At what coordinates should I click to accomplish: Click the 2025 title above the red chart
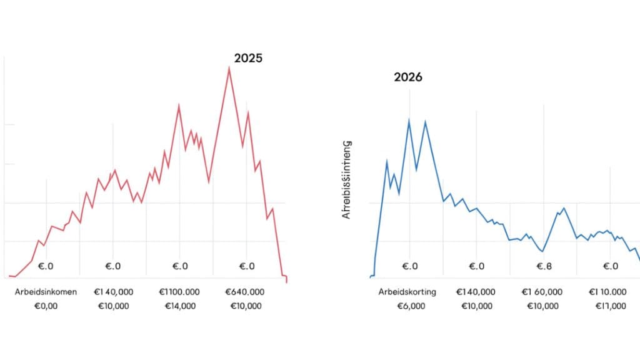tap(248, 58)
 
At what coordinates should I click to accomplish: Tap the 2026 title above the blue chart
tap(407, 77)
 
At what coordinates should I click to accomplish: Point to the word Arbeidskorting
tap(407, 292)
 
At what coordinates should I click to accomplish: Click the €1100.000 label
tap(180, 292)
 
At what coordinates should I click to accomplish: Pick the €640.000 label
tap(246, 292)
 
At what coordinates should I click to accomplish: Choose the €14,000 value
tap(180, 306)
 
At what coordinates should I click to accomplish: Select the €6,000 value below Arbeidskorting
tap(410, 306)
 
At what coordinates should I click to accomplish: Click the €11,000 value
tap(610, 306)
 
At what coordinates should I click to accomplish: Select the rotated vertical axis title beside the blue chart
tap(347, 179)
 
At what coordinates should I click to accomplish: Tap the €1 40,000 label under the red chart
tap(114, 292)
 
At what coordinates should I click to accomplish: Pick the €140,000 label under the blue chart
tap(476, 292)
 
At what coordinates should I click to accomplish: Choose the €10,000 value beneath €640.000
tap(246, 306)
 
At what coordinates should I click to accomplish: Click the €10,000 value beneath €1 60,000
tap(542, 306)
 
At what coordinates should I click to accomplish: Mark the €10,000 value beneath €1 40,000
tap(114, 306)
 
